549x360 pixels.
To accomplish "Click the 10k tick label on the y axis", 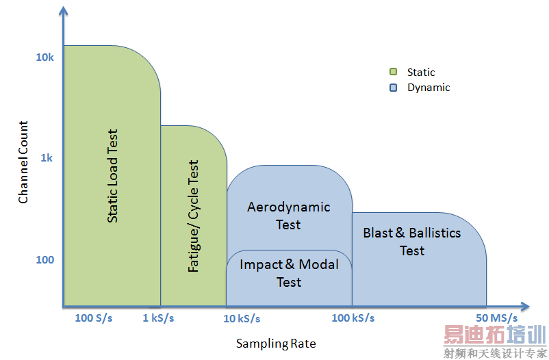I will tap(44, 57).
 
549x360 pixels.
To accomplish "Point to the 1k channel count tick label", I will tap(47, 158).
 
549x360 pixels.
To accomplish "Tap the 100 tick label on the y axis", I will tap(44, 260).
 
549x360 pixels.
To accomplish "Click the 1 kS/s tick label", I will tap(158, 318).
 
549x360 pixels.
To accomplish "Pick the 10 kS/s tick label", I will tap(242, 318).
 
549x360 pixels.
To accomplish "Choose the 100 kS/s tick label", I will tap(353, 318).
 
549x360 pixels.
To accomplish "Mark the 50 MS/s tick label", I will tap(497, 318).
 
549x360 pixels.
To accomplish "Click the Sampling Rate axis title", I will tap(276, 343).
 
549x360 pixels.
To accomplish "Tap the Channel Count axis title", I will tap(23, 162).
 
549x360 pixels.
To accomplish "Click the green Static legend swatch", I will tap(394, 72).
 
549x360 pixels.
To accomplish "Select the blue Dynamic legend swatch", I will tap(394, 88).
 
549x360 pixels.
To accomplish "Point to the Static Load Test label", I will tap(113, 176).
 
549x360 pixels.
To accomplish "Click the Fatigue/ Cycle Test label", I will tap(193, 217).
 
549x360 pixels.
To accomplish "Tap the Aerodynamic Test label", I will tap(288, 215).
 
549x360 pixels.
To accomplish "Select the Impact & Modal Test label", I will tap(289, 272).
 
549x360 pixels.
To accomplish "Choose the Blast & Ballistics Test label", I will tap(412, 242).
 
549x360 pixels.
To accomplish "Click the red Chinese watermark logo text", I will tap(494, 335).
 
